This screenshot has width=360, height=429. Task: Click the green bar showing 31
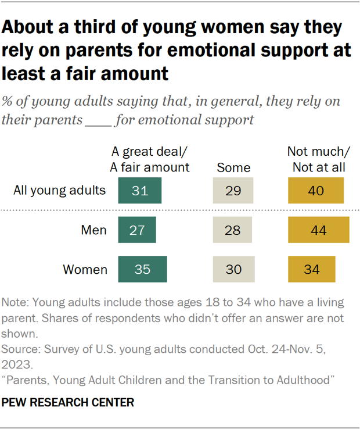(139, 190)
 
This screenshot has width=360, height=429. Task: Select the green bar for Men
(137, 230)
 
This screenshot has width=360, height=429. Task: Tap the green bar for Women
(142, 269)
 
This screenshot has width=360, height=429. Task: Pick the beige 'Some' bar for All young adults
(233, 190)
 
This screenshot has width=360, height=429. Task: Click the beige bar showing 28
(233, 230)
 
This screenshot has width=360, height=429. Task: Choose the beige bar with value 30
(234, 269)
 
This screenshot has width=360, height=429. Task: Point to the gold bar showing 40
(316, 190)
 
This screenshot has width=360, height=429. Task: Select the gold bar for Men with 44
(319, 230)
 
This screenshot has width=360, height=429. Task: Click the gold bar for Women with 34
(312, 269)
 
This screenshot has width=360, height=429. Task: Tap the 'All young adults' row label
(60, 190)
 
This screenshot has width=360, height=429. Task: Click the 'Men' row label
(93, 230)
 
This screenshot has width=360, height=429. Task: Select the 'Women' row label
(85, 270)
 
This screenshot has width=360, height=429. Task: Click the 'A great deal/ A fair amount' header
(150, 159)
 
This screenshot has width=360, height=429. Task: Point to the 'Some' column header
(233, 168)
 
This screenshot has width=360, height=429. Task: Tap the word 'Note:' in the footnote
(16, 303)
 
